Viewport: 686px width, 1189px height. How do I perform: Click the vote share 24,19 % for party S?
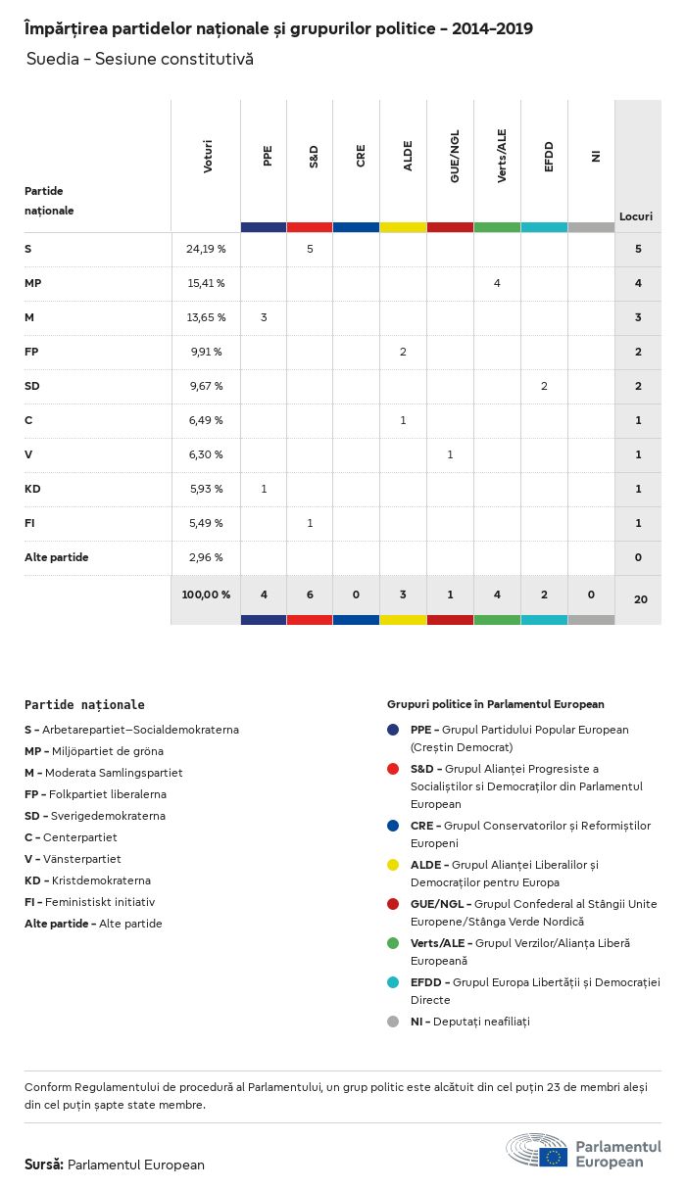[x=206, y=249]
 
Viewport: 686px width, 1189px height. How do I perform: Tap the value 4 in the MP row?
[x=497, y=283]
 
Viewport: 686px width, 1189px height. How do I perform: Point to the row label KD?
[x=32, y=489]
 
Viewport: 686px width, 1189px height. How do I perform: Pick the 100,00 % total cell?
[x=206, y=594]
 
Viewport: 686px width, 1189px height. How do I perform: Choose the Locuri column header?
[x=636, y=216]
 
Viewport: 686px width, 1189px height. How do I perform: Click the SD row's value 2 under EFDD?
[x=544, y=386]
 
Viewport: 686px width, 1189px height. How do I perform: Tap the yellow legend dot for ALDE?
[x=393, y=865]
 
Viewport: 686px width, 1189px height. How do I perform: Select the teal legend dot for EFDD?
[x=393, y=982]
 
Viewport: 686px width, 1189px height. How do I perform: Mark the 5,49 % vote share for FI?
[x=205, y=523]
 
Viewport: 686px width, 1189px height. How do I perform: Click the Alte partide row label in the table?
[x=57, y=557]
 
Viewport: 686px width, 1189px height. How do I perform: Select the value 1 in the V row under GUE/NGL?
[x=450, y=454]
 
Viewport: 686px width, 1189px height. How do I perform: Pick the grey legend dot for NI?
[x=393, y=1022]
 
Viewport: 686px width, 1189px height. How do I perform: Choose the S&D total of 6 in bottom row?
[x=310, y=594]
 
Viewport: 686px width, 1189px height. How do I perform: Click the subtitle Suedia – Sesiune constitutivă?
[x=140, y=59]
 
